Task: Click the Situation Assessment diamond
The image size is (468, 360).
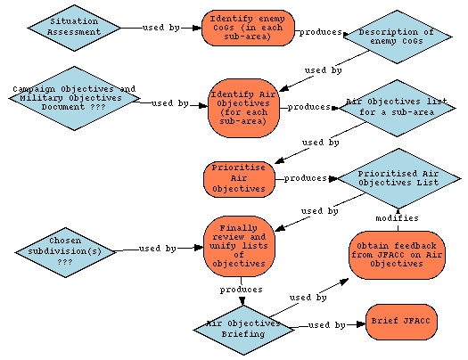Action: (74, 28)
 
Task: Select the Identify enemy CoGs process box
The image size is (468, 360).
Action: (248, 28)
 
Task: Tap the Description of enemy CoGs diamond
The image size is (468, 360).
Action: (398, 37)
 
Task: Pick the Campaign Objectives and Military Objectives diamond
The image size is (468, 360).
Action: (74, 98)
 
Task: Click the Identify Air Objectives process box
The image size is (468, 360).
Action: (243, 108)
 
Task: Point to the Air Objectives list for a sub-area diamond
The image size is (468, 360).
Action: (397, 108)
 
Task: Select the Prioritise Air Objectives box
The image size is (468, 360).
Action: (239, 179)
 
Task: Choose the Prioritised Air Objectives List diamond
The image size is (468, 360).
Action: (398, 178)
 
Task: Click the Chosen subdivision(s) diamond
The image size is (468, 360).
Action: (65, 252)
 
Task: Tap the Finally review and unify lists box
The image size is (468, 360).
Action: (239, 246)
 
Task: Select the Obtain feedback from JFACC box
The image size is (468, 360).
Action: (397, 255)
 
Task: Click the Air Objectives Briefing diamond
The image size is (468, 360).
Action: (243, 330)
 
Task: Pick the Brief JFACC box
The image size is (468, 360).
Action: (401, 322)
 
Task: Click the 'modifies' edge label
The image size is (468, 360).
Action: (397, 218)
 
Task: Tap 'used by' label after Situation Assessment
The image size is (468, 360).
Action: (161, 28)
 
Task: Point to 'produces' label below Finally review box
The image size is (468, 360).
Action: (242, 290)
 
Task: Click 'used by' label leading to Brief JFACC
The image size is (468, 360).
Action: (327, 325)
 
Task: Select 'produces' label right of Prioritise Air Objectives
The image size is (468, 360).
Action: (306, 178)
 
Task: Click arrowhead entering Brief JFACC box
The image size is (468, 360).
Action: (361, 324)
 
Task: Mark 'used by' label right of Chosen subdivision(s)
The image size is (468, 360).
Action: (158, 249)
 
